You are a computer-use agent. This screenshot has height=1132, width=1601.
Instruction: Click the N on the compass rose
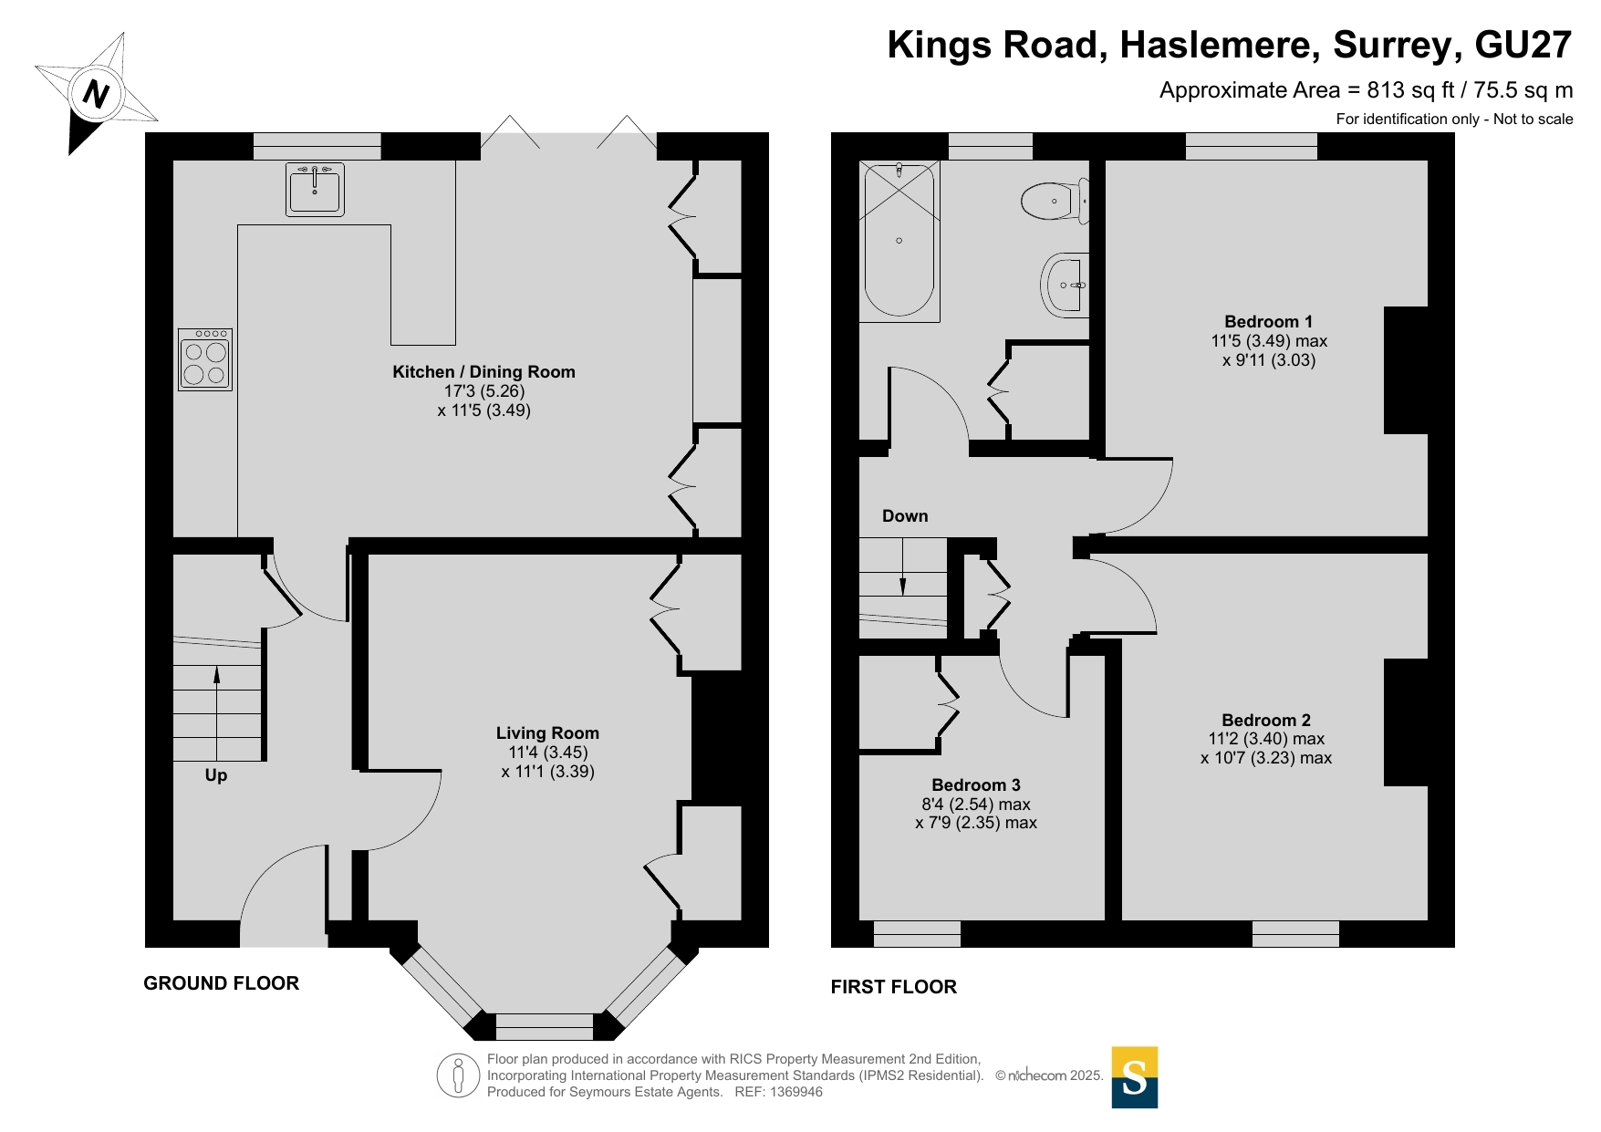96,94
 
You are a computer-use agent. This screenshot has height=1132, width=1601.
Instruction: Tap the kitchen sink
315,189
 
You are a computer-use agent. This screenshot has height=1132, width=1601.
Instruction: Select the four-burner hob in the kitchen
205,359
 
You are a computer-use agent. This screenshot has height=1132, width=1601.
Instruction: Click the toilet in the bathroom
1055,201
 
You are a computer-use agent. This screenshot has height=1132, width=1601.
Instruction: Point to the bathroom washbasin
1066,285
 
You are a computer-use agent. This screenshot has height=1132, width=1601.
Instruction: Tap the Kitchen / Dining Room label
483,372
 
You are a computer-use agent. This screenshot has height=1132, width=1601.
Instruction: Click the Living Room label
547,733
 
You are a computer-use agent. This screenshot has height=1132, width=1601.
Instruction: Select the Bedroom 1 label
1268,322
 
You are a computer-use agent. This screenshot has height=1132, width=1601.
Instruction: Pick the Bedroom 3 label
976,785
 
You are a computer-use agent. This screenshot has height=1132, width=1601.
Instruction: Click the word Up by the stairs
216,775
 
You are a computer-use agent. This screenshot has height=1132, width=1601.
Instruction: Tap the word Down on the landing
905,516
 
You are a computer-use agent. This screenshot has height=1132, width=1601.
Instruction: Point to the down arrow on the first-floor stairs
903,566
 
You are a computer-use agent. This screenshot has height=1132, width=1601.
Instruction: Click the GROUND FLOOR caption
222,983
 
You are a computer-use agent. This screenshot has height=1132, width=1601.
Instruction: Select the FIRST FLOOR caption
894,987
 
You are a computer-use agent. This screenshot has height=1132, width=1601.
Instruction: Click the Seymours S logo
1135,1077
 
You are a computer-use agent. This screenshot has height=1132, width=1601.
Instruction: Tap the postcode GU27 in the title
1523,45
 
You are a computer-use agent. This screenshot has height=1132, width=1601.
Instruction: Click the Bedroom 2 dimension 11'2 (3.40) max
1267,739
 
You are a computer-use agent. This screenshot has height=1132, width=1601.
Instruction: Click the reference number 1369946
796,1092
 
